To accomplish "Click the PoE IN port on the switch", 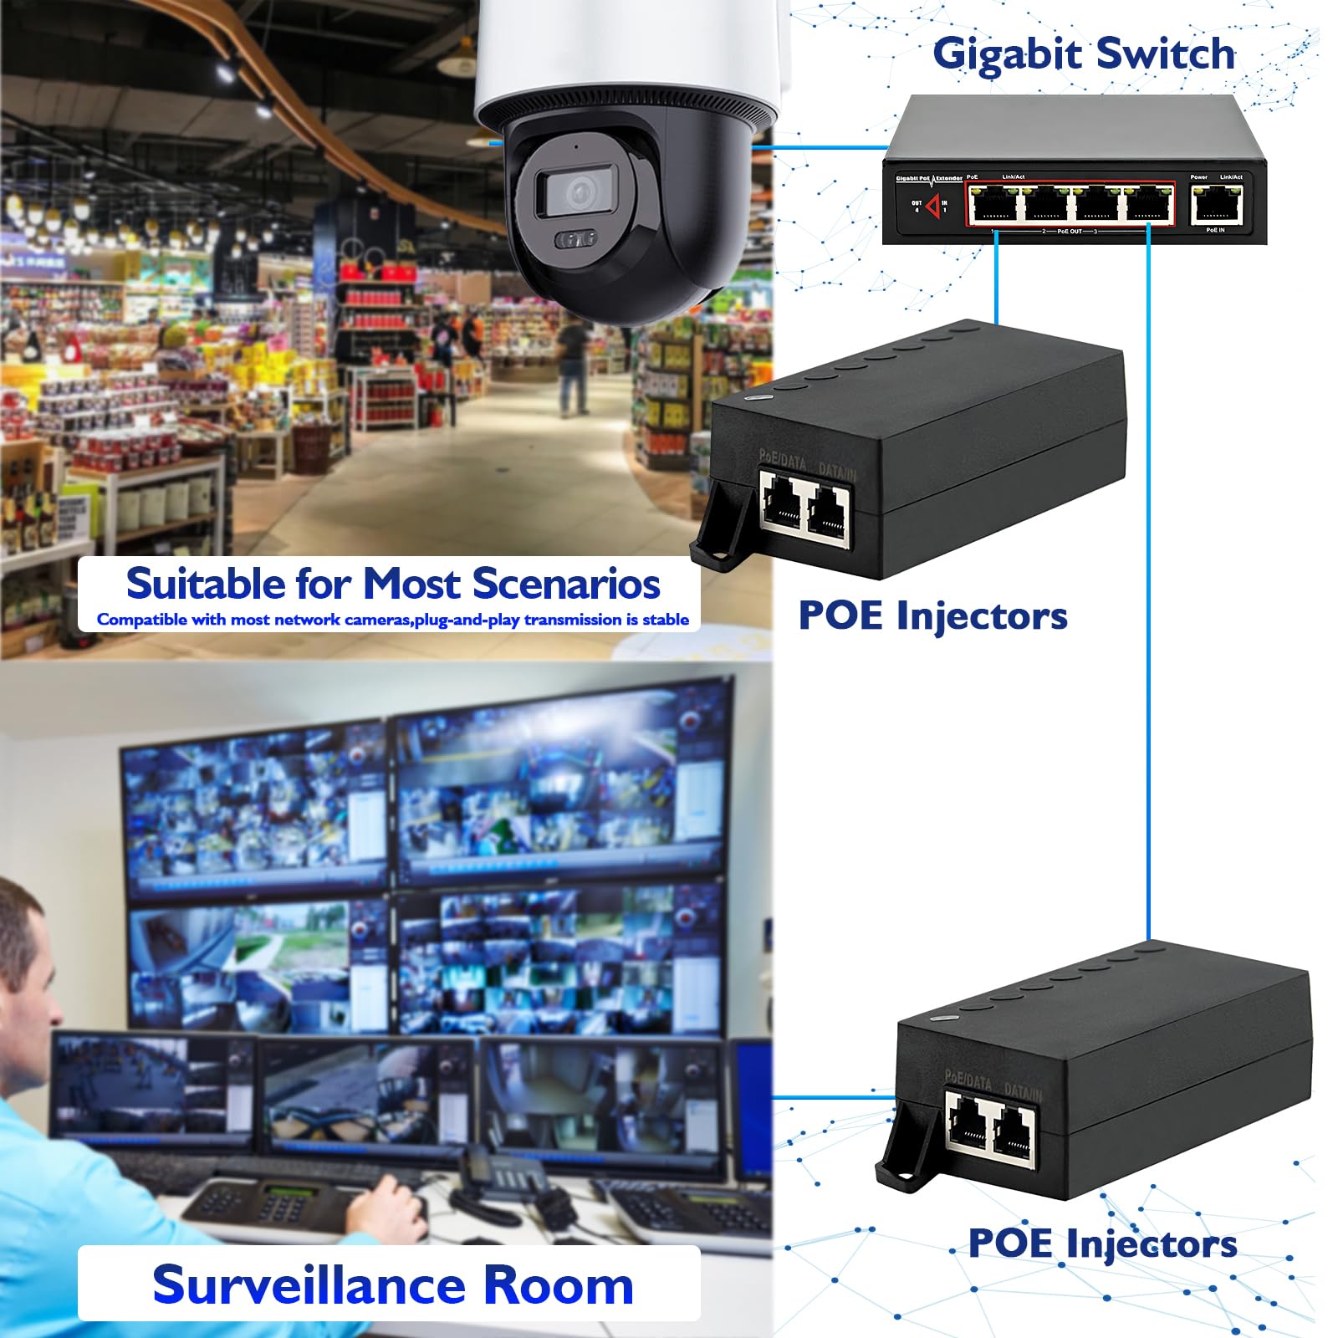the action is (x=1217, y=204).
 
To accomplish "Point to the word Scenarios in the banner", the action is (x=566, y=584).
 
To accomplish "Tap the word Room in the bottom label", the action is (x=558, y=1285).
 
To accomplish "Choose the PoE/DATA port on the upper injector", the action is (x=783, y=505).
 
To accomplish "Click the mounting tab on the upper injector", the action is (x=718, y=528).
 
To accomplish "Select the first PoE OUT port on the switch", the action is (x=993, y=204).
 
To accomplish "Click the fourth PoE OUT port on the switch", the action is (x=1147, y=204).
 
